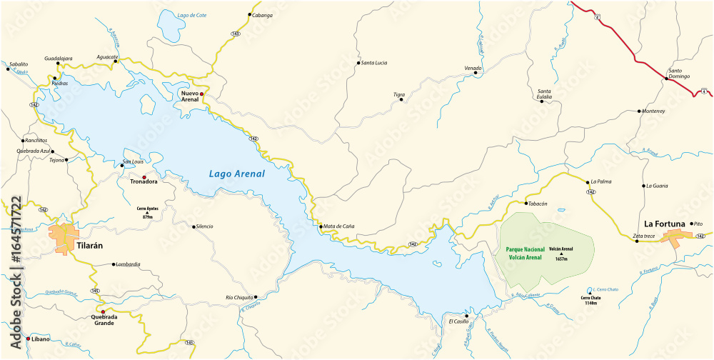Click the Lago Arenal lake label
236,174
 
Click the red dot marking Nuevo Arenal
202,94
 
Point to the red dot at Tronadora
144,177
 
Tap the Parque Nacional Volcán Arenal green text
523,253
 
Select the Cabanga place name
263,15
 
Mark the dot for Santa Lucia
358,63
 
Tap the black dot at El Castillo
466,315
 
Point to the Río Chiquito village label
238,296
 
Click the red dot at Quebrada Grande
103,312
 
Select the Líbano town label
41,339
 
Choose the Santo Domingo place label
680,74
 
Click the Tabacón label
538,204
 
